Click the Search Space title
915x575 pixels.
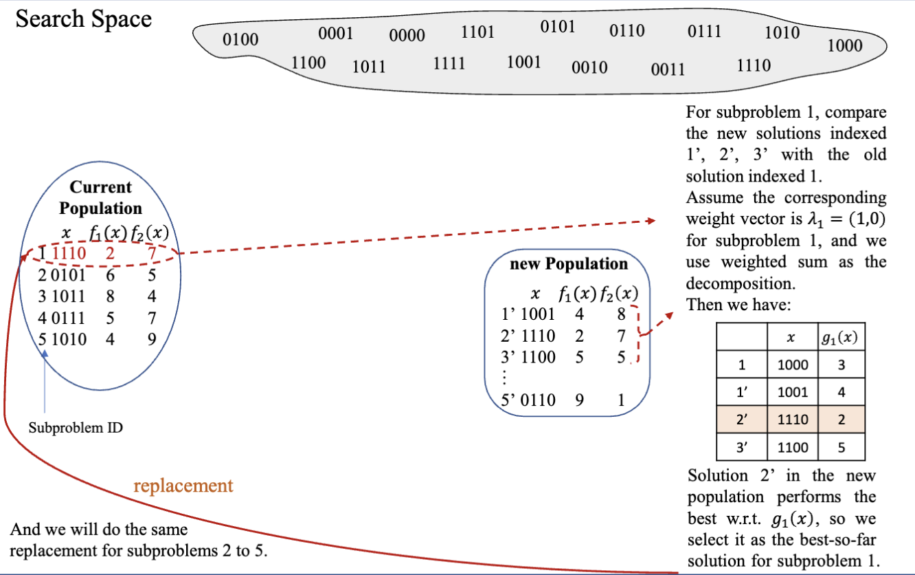(83, 19)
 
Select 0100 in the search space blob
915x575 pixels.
(240, 39)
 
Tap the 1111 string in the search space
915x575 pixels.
(449, 64)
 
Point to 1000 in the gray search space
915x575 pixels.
(845, 46)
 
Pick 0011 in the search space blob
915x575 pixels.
(668, 69)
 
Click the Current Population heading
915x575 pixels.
(100, 197)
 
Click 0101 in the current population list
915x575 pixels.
(70, 275)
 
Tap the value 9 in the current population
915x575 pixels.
(152, 339)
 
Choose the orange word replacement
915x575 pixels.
(183, 486)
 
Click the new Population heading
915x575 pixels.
(568, 264)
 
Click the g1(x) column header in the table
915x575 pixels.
(841, 337)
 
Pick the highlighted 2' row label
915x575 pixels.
(741, 420)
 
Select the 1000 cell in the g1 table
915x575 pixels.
(793, 365)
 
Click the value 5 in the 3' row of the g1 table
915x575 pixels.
(841, 448)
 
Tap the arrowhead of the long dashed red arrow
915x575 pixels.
(653, 221)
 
